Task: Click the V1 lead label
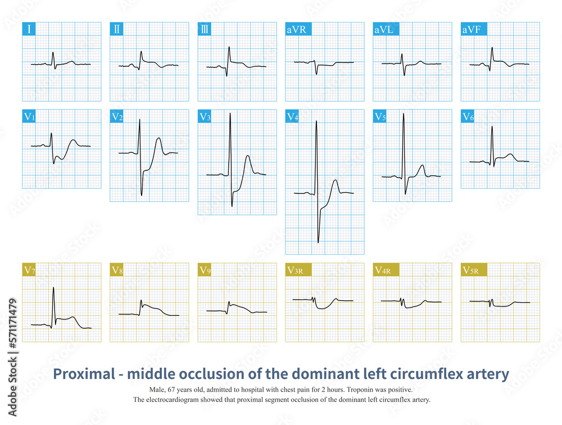[x=30, y=116]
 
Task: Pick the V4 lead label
[x=292, y=116]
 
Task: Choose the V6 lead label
[x=468, y=116]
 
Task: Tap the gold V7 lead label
[x=30, y=270]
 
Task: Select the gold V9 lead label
[x=205, y=270]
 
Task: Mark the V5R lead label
[x=470, y=270]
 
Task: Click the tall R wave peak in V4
[x=316, y=121]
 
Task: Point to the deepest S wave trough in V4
[x=318, y=242]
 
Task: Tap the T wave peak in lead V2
[x=158, y=137]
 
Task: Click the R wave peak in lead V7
[x=53, y=288]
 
